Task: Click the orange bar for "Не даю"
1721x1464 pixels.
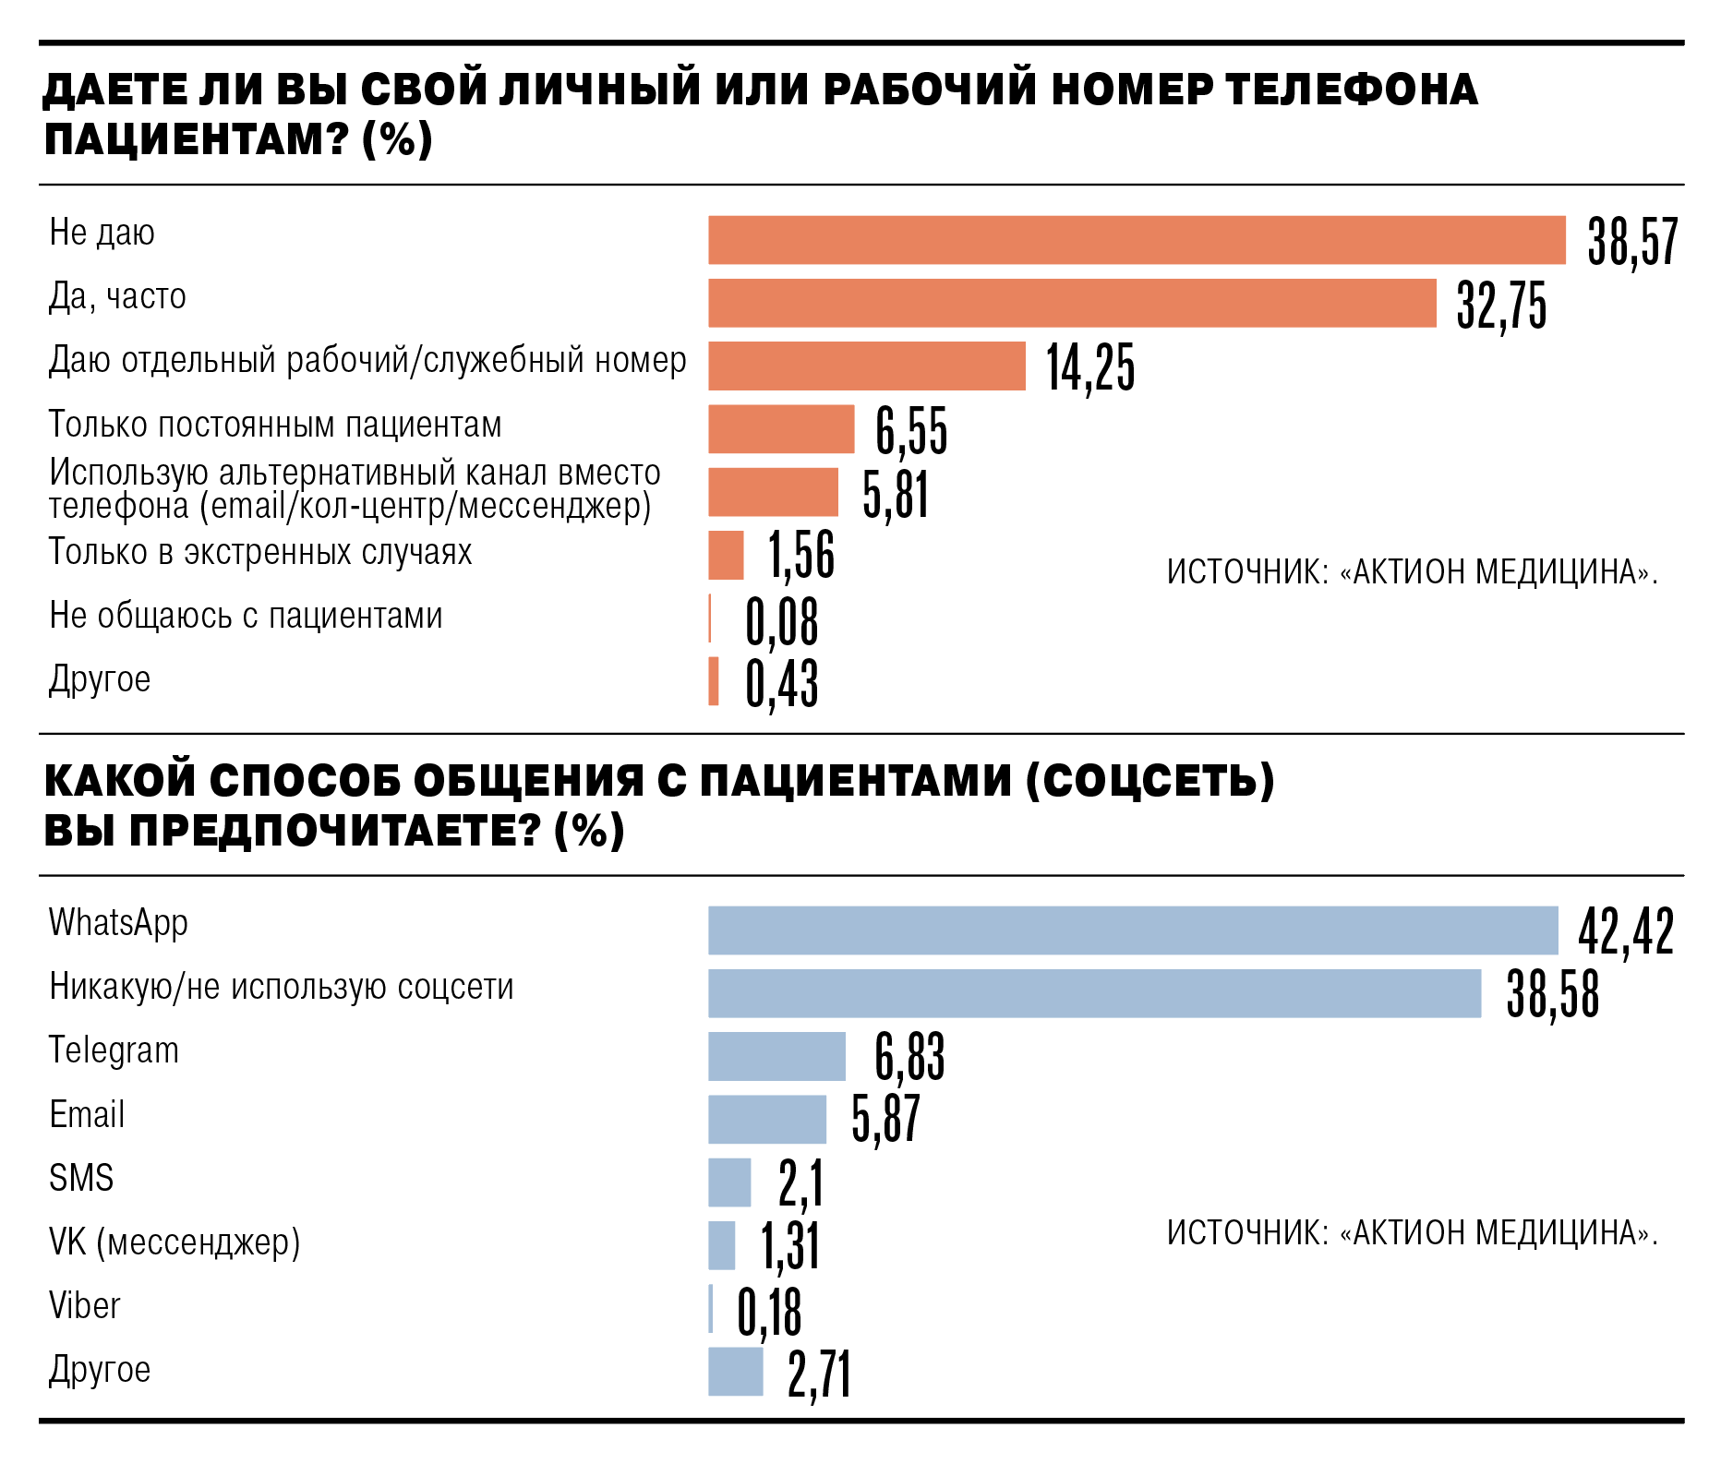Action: [1137, 240]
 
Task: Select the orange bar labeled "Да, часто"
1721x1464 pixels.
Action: [1072, 303]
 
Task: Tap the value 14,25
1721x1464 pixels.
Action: [1090, 367]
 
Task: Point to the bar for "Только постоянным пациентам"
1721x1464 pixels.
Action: [781, 429]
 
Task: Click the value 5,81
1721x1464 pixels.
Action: [896, 494]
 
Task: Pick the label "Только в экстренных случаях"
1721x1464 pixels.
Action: [260, 552]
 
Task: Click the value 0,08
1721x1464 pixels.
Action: [782, 622]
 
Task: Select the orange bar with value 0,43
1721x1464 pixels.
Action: [714, 681]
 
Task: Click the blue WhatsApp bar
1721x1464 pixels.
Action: [1133, 930]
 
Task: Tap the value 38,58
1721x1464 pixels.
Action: [1552, 994]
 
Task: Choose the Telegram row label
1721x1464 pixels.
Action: [114, 1051]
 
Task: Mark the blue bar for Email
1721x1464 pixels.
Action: [767, 1120]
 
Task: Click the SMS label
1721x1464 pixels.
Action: [81, 1179]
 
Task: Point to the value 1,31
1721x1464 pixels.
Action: [790, 1246]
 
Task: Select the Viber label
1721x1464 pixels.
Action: [85, 1306]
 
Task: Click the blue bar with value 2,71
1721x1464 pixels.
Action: [736, 1372]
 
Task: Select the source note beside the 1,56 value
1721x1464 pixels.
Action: [1412, 572]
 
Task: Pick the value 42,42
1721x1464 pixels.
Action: [1626, 930]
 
